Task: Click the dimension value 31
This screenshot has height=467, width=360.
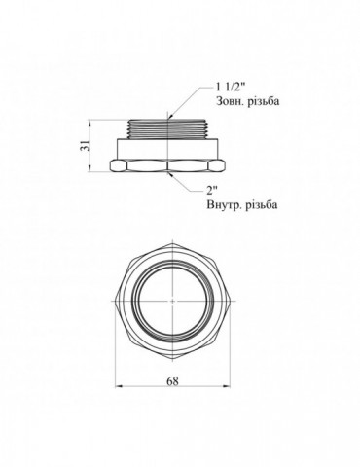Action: [83, 147]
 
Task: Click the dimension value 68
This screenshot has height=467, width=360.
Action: [172, 381]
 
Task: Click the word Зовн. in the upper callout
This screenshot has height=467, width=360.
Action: [231, 101]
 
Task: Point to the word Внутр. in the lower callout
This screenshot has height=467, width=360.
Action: [224, 205]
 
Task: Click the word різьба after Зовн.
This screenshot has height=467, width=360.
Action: [264, 101]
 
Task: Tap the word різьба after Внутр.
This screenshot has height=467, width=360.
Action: [262, 205]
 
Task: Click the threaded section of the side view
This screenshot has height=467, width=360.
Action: [168, 128]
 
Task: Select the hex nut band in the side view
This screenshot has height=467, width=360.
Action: [168, 165]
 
